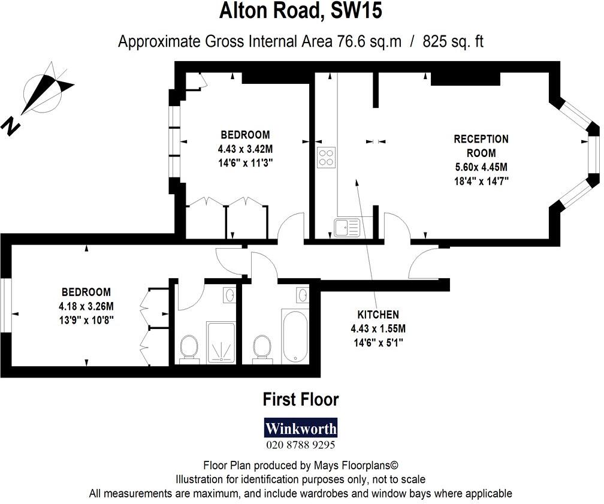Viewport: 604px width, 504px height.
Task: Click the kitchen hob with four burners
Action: point(326,157)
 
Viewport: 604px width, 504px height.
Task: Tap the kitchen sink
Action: point(346,228)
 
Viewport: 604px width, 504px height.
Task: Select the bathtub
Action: point(294,336)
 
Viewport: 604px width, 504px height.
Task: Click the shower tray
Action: point(222,342)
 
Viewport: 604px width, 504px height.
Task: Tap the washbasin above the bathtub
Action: point(303,294)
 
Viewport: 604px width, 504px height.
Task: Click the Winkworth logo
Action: point(301,428)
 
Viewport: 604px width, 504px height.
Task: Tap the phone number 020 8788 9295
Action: point(301,445)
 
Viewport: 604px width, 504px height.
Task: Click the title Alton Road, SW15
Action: point(301,11)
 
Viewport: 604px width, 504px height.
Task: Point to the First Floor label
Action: point(301,399)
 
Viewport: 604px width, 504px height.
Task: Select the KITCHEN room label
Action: point(378,315)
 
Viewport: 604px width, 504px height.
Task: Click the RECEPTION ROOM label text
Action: point(481,146)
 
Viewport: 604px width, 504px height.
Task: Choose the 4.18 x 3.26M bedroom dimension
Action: point(86,306)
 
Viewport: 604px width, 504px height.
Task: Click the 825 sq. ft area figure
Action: point(454,41)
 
